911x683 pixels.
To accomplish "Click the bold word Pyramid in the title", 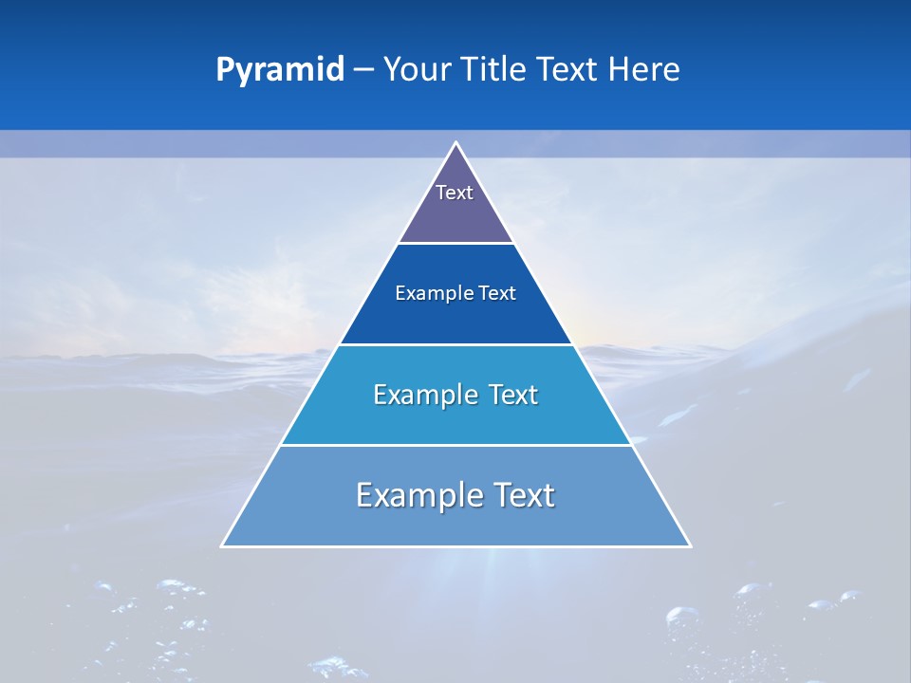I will pyautogui.click(x=280, y=70).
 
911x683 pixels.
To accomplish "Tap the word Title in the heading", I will pyautogui.click(x=497, y=70).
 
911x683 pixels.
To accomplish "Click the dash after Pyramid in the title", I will pyautogui.click(x=363, y=70).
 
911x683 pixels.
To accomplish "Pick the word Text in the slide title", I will pyautogui.click(x=570, y=70).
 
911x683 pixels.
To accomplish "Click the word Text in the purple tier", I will pyautogui.click(x=455, y=193).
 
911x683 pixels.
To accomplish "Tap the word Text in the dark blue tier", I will pyautogui.click(x=496, y=294).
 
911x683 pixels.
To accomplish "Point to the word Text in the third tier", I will pyautogui.click(x=512, y=395).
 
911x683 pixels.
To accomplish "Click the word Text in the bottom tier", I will pyautogui.click(x=524, y=495).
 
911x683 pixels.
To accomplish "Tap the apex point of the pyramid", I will pyautogui.click(x=455, y=143).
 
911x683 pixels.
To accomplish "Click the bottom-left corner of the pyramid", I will pyautogui.click(x=223, y=545).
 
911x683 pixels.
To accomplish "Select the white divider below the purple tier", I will pyautogui.click(x=455, y=244).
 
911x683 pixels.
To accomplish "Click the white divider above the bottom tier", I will pyautogui.click(x=455, y=445).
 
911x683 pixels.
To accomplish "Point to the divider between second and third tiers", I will pyautogui.click(x=455, y=344).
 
